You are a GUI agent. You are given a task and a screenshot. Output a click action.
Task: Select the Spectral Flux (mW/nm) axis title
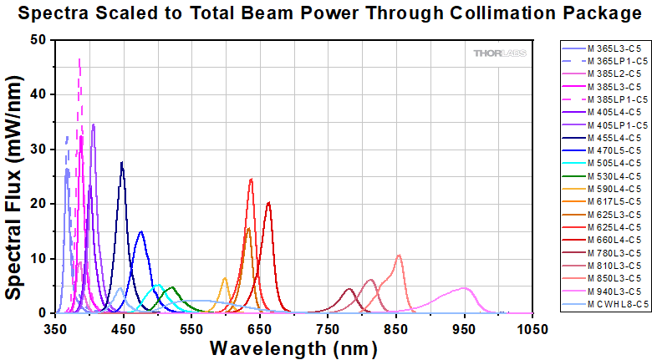pos(14,175)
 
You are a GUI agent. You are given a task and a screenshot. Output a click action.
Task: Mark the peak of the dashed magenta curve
pos(79,59)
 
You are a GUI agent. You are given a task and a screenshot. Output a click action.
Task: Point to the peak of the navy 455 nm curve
pos(122,162)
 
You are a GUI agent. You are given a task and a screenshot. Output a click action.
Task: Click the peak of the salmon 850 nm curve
pos(399,255)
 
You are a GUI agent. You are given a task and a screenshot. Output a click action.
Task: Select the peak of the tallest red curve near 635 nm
pos(251,179)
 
